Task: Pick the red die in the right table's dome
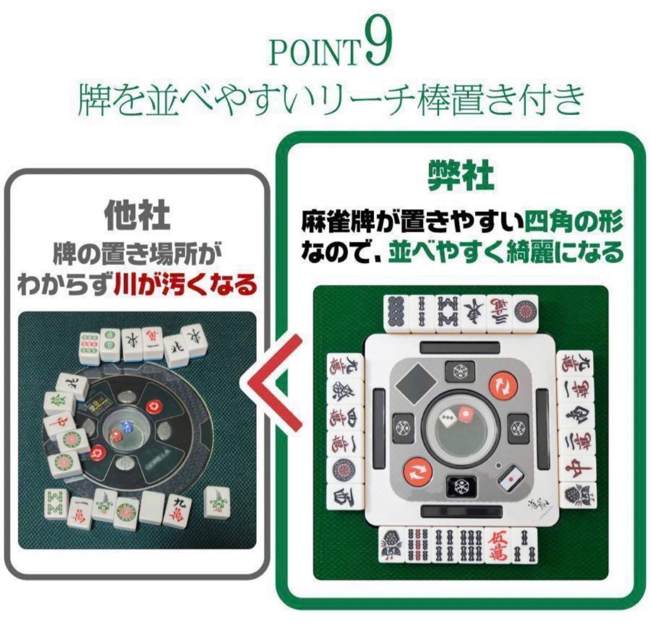tap(467, 415)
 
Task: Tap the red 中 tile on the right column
tap(569, 468)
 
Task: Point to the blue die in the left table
tap(127, 425)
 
